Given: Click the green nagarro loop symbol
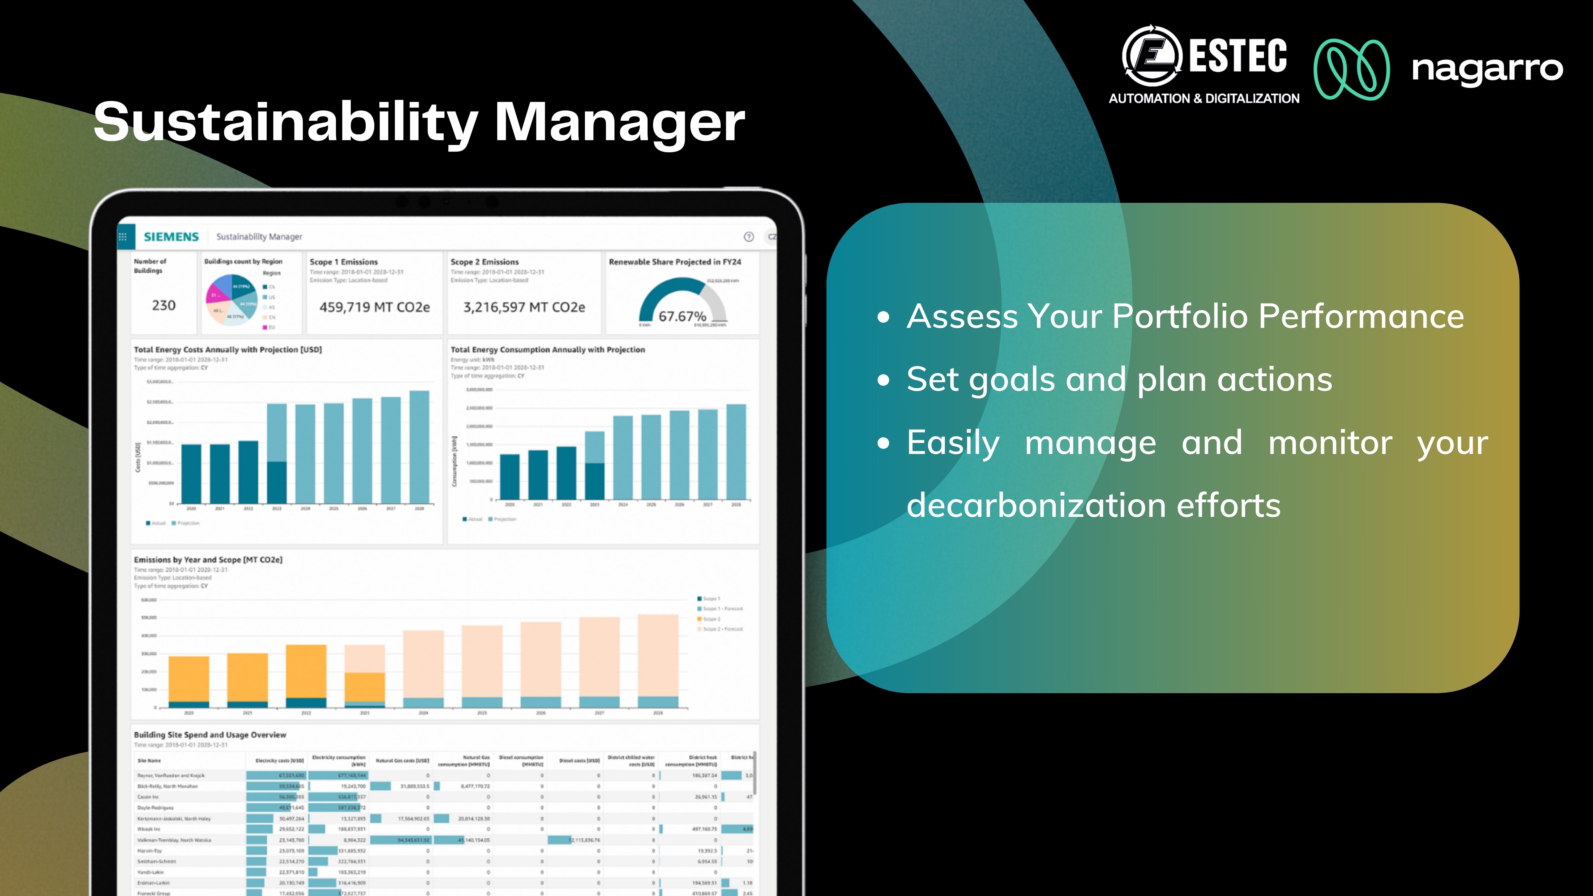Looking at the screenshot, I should coord(1351,69).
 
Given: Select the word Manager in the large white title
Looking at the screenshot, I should coord(620,122).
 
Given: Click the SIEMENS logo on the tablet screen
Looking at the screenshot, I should coord(171,237).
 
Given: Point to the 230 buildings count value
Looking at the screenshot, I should coord(164,306).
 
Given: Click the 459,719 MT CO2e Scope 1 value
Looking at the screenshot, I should coord(374,307).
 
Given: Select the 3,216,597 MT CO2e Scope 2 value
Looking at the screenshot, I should coord(524,307).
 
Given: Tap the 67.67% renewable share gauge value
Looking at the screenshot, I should coord(682,317).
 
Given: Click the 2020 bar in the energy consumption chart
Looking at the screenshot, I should coord(509,476).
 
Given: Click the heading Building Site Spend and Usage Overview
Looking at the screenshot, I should coord(210,735).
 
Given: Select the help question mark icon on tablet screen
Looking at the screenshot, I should coord(748,237).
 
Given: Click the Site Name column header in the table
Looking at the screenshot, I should coord(149,761).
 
